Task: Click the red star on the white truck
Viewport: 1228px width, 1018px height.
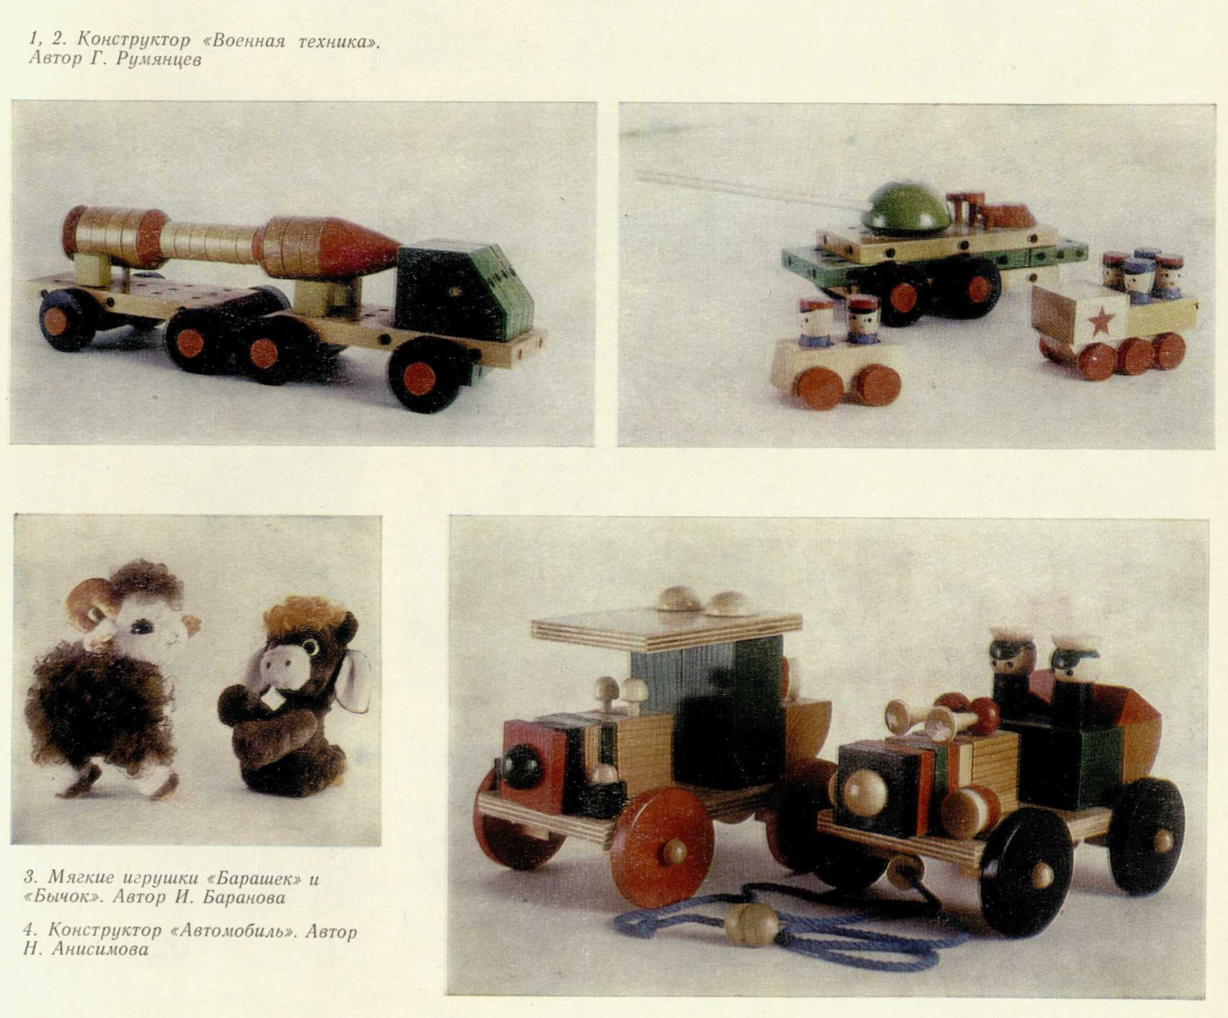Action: pyautogui.click(x=1101, y=321)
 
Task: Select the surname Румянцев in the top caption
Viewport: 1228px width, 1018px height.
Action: pyautogui.click(x=159, y=60)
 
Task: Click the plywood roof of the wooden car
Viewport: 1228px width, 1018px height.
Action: pyautogui.click(x=666, y=628)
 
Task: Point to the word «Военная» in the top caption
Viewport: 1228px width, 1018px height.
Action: pyautogui.click(x=246, y=41)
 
